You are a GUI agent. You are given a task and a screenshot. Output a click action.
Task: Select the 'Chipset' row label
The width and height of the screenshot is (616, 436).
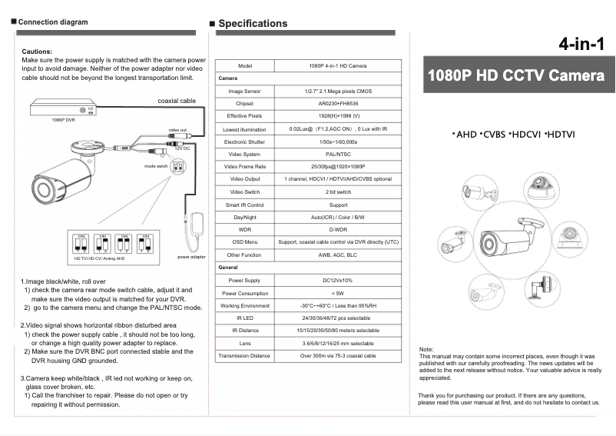pos(245,103)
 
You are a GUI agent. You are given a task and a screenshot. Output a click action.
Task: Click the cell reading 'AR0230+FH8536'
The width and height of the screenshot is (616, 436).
pos(338,103)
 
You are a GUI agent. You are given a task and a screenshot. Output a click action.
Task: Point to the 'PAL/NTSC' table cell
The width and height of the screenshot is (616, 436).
pos(338,154)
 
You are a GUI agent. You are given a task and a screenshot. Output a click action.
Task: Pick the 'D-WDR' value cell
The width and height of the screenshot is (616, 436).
pos(338,229)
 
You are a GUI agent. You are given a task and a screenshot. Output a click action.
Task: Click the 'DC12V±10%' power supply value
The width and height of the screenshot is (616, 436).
pos(338,280)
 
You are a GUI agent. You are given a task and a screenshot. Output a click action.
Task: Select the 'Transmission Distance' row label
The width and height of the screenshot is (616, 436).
pos(244,356)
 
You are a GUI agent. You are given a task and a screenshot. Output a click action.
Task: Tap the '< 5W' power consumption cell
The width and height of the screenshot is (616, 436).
pos(338,293)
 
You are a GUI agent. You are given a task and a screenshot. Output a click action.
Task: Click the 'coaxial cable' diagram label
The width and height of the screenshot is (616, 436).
pos(177,101)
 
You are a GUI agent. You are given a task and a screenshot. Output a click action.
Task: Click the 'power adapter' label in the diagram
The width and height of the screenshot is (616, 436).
pos(191,257)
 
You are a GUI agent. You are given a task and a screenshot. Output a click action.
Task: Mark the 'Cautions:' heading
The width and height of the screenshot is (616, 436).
pos(37,51)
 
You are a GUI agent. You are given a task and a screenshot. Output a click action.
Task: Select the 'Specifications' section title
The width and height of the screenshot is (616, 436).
pos(253,23)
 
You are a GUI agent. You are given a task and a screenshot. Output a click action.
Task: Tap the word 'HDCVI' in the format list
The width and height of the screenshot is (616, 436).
pos(525,135)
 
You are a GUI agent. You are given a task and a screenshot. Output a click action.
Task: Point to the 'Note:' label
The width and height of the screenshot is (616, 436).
pos(426,350)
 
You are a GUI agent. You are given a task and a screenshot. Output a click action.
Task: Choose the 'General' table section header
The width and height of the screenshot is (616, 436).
pos(228,267)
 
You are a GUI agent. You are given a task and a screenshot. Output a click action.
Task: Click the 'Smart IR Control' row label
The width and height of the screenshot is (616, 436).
pos(245,205)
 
